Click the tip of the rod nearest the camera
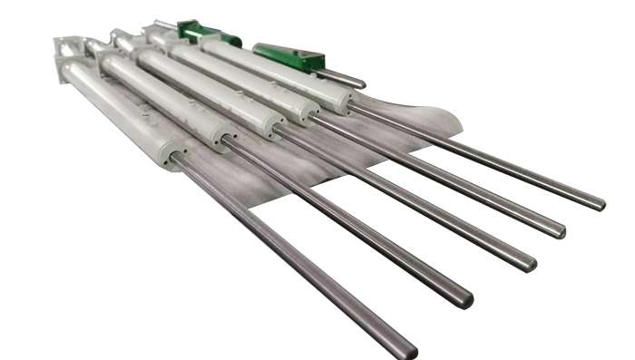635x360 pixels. [407, 349]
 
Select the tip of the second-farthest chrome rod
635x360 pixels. [560, 231]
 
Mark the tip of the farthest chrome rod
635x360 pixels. [599, 204]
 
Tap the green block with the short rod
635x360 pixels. [288, 57]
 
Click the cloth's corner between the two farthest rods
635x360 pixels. [454, 127]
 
